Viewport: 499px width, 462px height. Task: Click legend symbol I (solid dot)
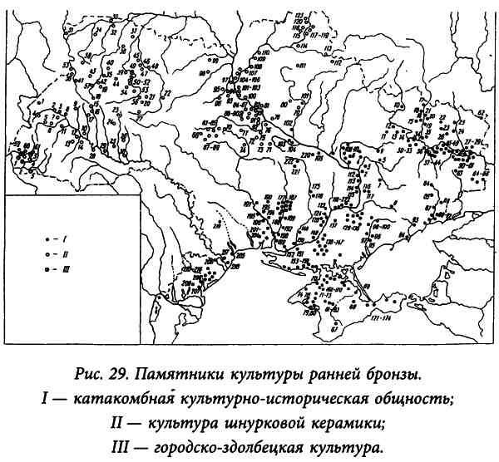coord(44,238)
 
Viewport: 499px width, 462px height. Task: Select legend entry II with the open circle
coord(44,253)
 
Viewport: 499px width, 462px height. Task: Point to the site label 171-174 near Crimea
coord(382,317)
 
